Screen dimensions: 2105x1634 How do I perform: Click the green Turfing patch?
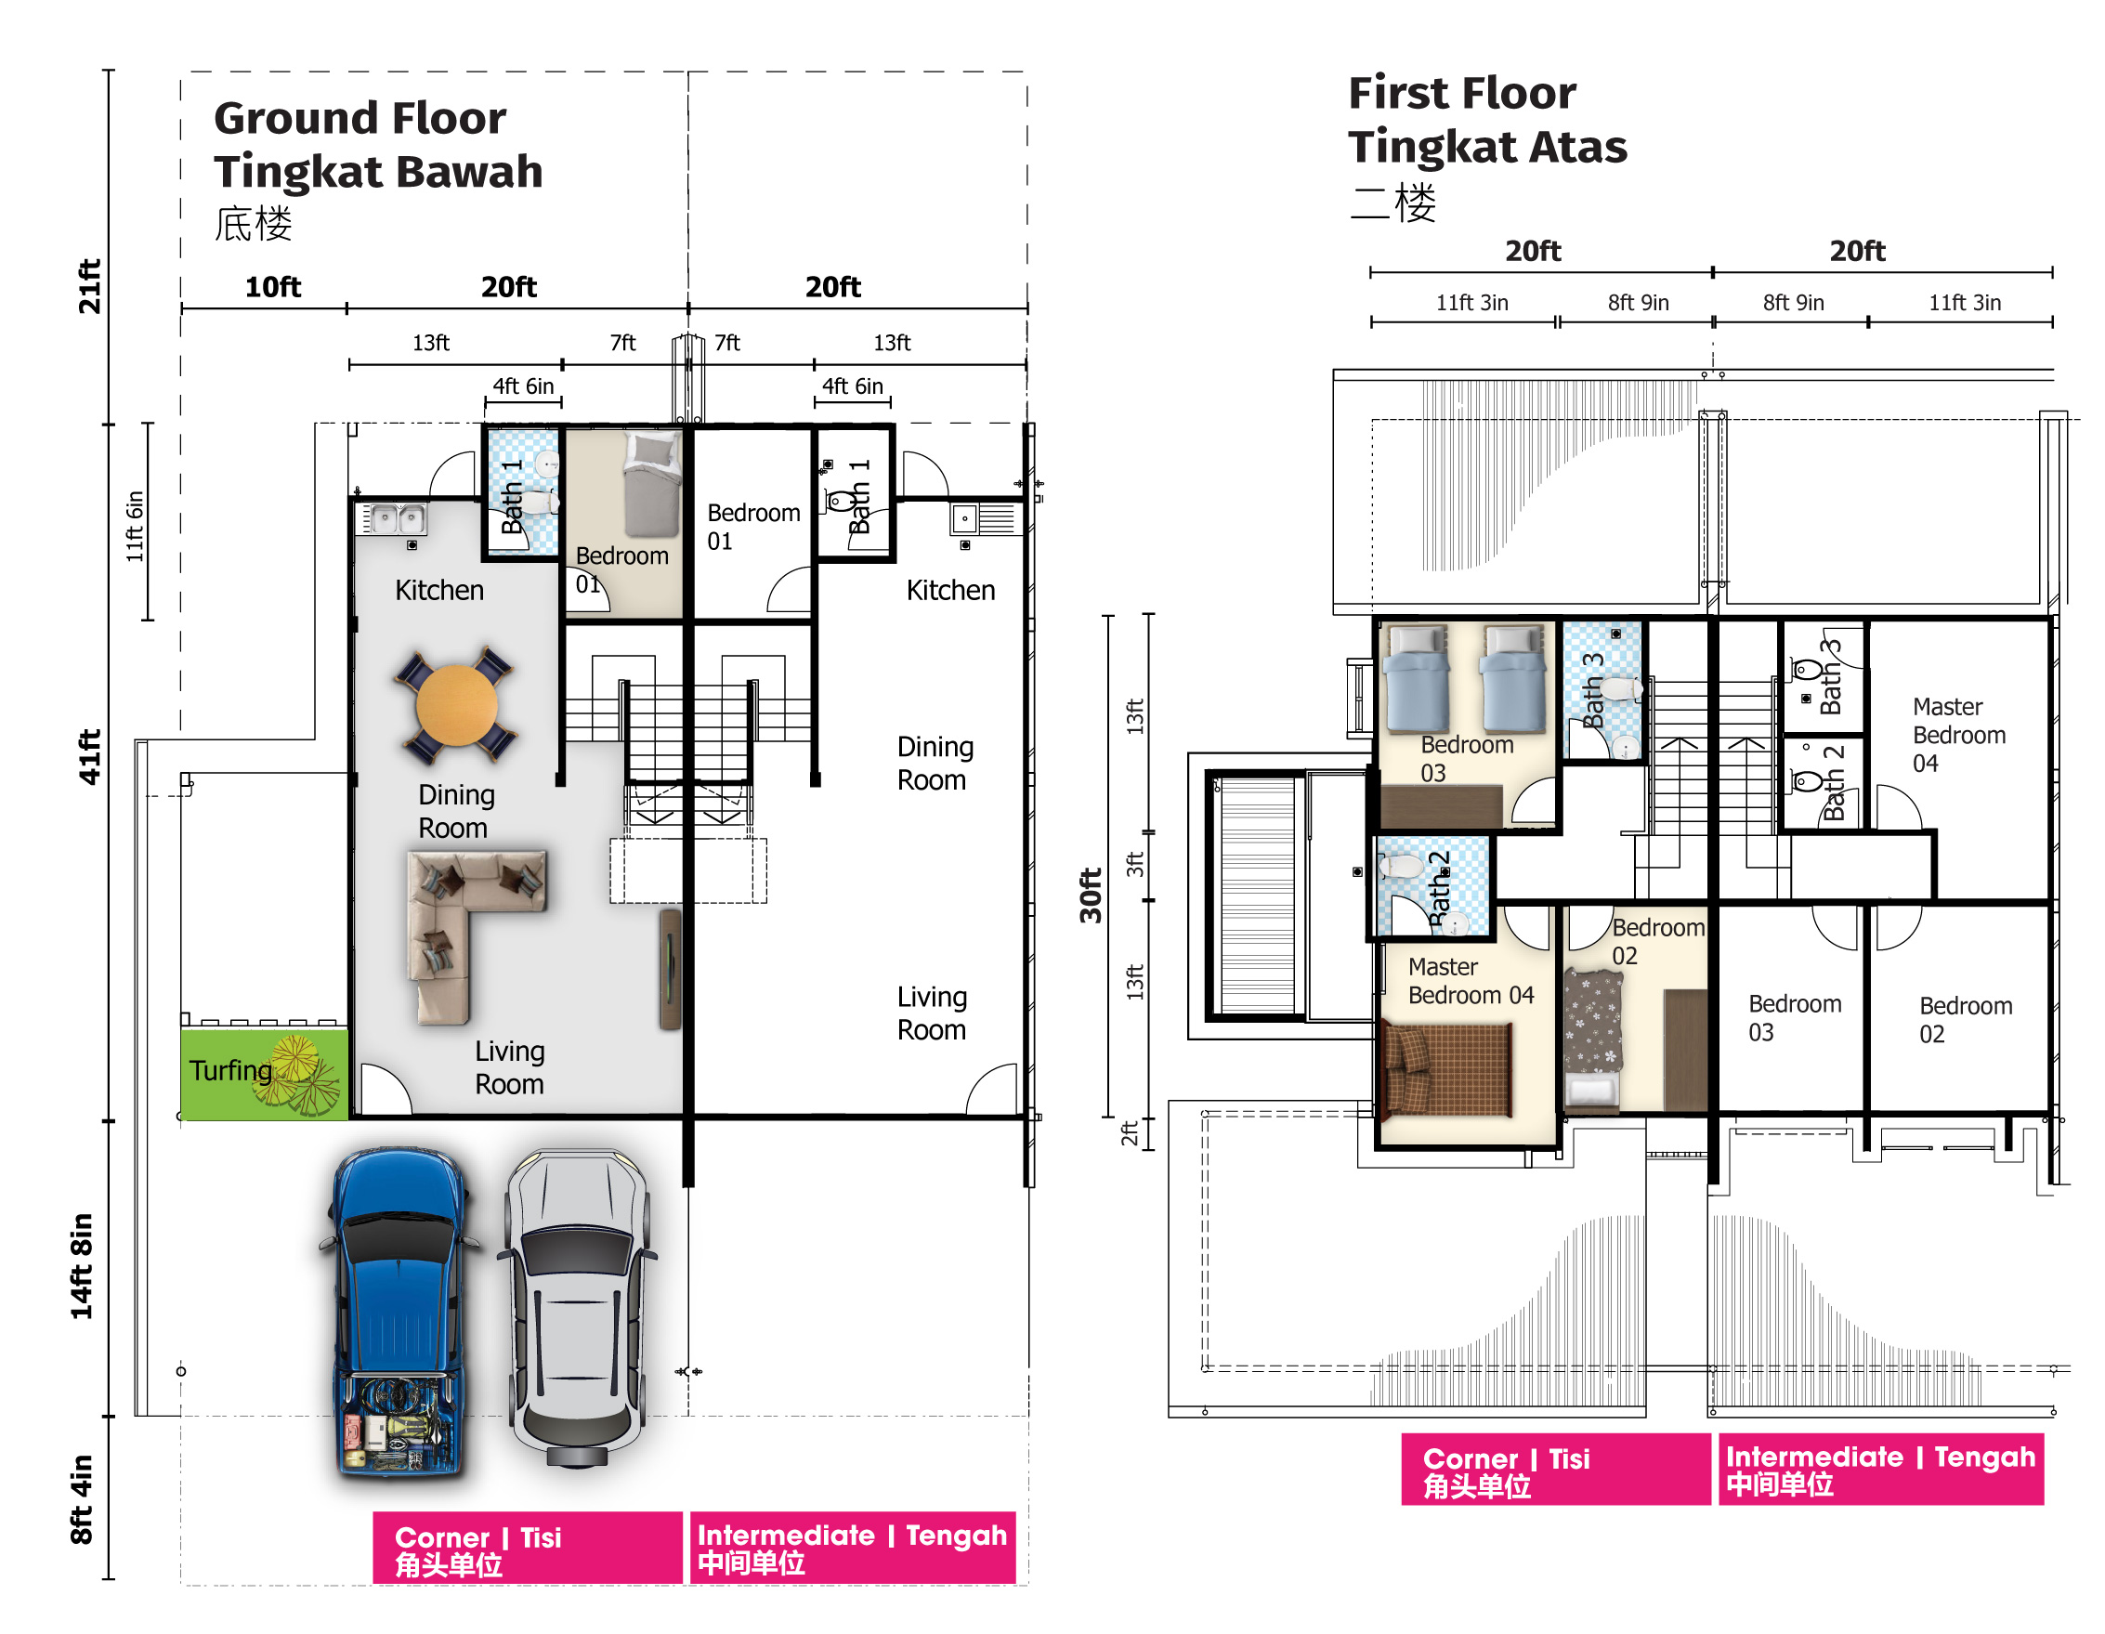click(x=264, y=1074)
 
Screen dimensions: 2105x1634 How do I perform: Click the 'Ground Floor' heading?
click(x=360, y=119)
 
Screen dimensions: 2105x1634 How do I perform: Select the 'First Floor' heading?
click(x=1461, y=94)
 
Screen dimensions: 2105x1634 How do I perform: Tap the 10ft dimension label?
click(x=273, y=287)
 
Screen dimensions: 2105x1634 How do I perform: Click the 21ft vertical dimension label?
click(x=89, y=286)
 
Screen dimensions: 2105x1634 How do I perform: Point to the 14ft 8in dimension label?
click(x=82, y=1266)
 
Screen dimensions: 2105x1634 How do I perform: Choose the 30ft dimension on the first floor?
click(x=1090, y=895)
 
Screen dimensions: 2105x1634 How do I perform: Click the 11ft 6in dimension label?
click(x=134, y=527)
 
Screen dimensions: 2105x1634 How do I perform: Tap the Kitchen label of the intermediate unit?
click(x=950, y=590)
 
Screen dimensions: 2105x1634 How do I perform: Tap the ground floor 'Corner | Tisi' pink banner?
click(x=528, y=1548)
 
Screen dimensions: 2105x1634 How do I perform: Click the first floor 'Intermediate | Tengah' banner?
click(x=1880, y=1470)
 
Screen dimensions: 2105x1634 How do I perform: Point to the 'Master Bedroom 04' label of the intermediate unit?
click(x=1958, y=735)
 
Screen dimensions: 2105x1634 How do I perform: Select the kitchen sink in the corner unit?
click(x=395, y=519)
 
